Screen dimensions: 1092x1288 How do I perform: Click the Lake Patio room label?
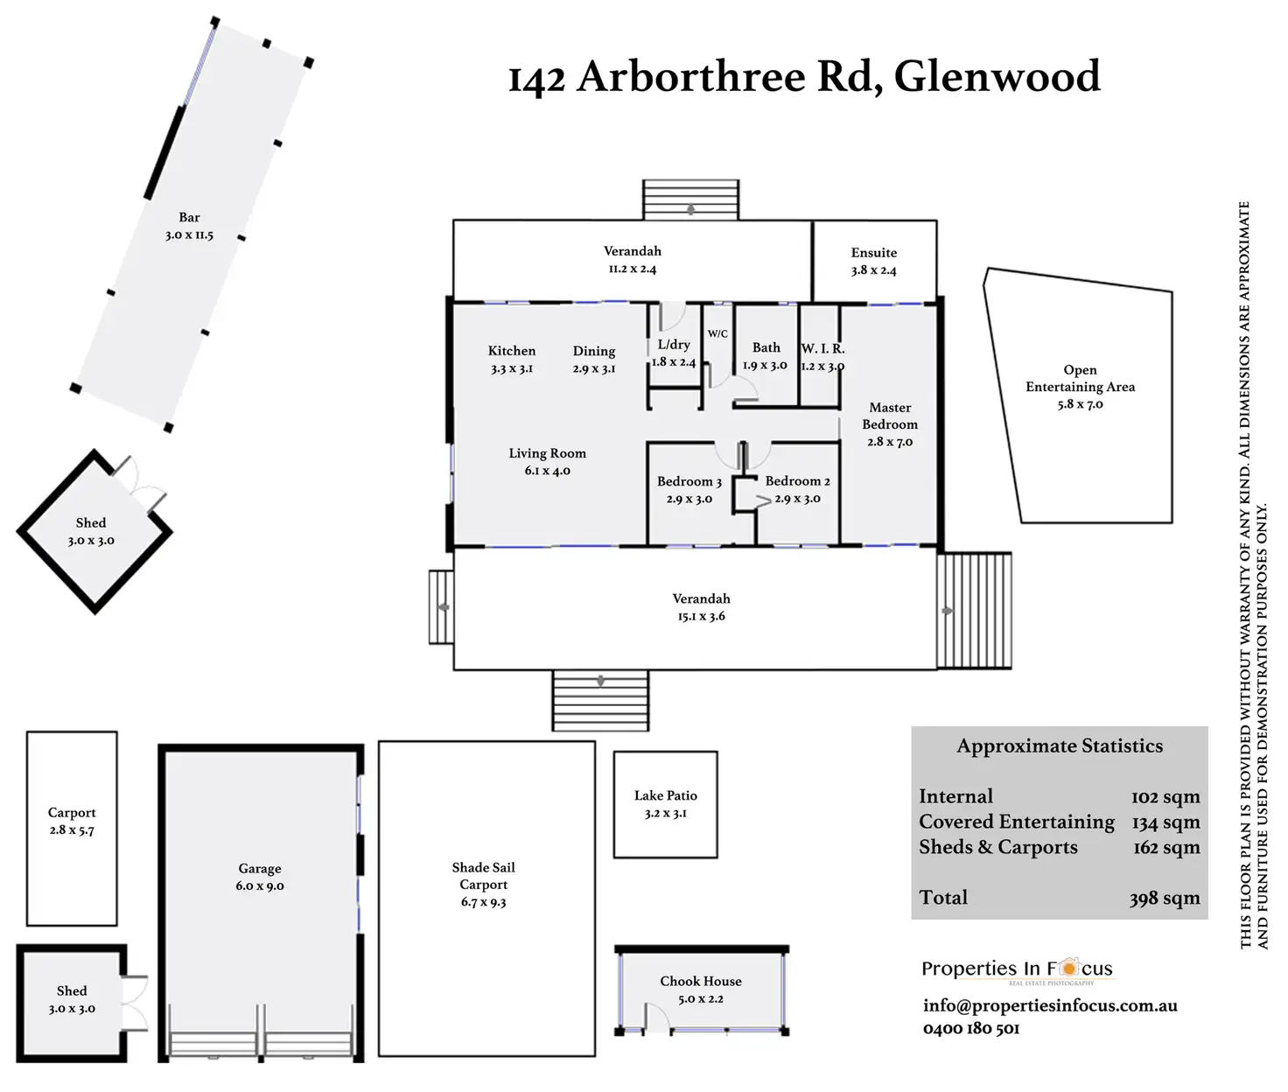click(666, 795)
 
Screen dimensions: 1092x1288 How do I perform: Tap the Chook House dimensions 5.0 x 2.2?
click(701, 999)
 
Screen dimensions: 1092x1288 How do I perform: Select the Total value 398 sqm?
click(1164, 899)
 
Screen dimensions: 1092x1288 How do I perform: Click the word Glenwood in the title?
click(997, 77)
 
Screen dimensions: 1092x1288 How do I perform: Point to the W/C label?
click(717, 333)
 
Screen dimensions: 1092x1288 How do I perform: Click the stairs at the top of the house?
click(690, 199)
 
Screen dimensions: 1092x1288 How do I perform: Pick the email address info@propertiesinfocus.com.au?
click(1050, 1005)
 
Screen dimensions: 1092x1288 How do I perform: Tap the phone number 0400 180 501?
click(971, 1029)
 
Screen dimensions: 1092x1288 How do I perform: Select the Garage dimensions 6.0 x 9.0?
click(260, 886)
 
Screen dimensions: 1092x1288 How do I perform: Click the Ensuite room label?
click(874, 253)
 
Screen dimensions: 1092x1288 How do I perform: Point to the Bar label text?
click(189, 217)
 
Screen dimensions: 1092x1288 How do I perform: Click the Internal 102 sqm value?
click(1165, 797)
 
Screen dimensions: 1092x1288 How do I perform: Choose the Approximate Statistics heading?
click(1060, 746)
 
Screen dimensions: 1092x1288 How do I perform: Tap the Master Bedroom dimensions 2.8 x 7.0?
click(890, 442)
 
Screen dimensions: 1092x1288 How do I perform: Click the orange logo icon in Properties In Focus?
click(1068, 969)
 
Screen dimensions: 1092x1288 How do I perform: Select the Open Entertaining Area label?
click(1081, 378)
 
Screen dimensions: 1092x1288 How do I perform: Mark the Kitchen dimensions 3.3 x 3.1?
click(512, 369)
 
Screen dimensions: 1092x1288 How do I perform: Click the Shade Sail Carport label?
click(483, 876)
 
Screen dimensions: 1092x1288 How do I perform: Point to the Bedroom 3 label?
click(689, 481)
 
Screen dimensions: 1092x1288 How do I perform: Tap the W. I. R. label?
click(822, 348)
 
